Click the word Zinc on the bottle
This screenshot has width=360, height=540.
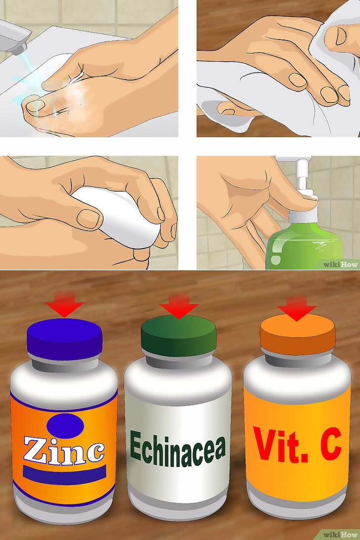click(x=64, y=449)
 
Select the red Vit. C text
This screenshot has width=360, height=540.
click(x=297, y=444)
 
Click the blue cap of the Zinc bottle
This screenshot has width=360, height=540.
click(x=64, y=339)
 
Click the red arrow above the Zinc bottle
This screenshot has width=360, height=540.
click(x=64, y=304)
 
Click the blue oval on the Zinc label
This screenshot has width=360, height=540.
click(x=65, y=426)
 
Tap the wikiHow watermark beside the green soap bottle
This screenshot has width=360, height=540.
click(x=341, y=264)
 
